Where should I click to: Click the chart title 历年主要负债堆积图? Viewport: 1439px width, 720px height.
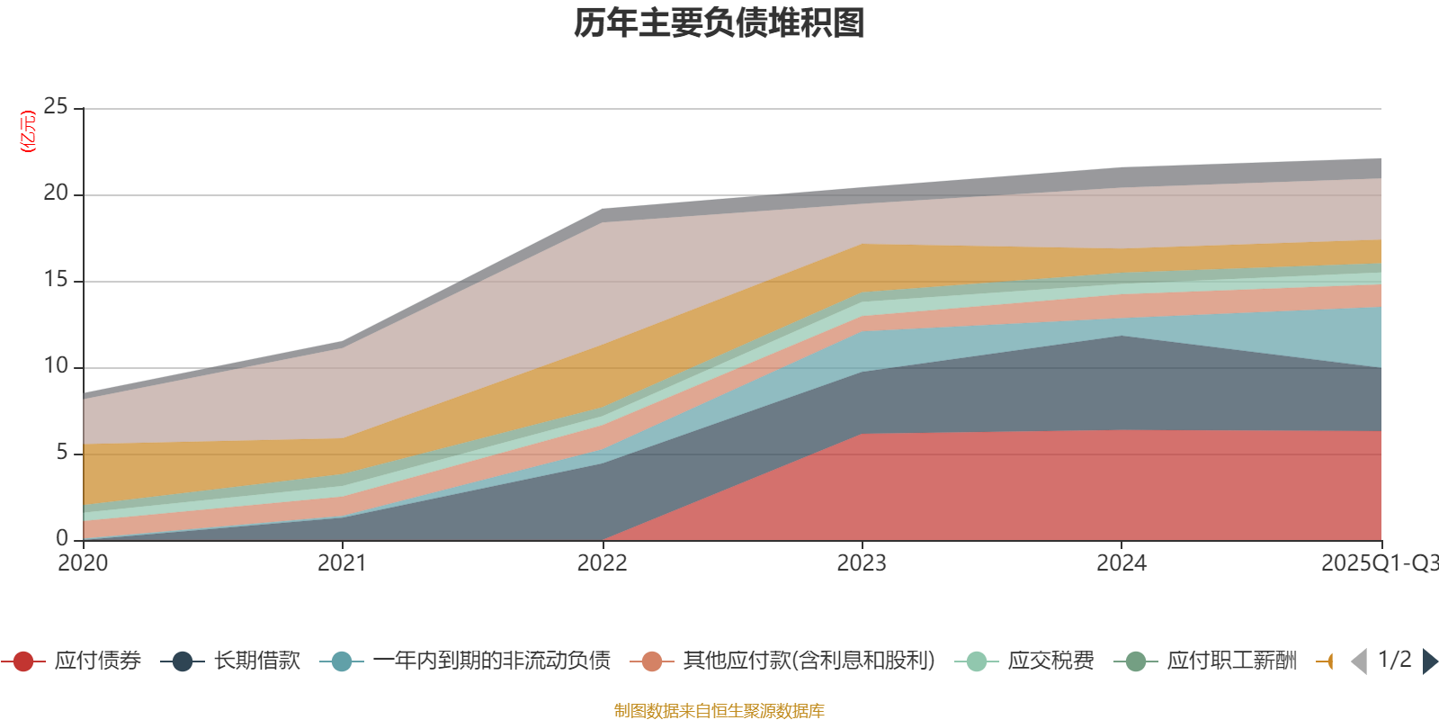pos(719,23)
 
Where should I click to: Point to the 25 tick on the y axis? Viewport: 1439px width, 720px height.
pos(56,106)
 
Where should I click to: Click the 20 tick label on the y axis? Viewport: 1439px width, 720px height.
pos(56,193)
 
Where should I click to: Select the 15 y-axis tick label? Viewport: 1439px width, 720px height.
pos(56,279)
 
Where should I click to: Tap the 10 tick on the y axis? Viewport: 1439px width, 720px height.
pos(56,365)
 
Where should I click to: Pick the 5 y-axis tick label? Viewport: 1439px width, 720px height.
pos(61,452)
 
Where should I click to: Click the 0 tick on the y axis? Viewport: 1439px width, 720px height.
pos(61,538)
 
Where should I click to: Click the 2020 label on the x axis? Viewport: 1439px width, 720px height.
pos(83,563)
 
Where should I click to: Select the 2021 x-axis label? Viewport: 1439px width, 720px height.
pos(342,563)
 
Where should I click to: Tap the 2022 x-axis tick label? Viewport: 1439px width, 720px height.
pos(602,563)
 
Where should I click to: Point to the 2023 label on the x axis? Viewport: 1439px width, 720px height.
pos(862,563)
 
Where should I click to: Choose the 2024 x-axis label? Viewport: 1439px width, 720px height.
pos(1121,563)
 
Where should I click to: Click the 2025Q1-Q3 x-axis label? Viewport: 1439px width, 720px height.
pos(1378,563)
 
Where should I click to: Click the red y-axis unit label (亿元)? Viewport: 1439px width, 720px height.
pos(28,131)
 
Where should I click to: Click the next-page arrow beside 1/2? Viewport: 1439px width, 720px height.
pos(1429,661)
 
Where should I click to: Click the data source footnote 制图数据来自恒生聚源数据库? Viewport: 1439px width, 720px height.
pos(719,711)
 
